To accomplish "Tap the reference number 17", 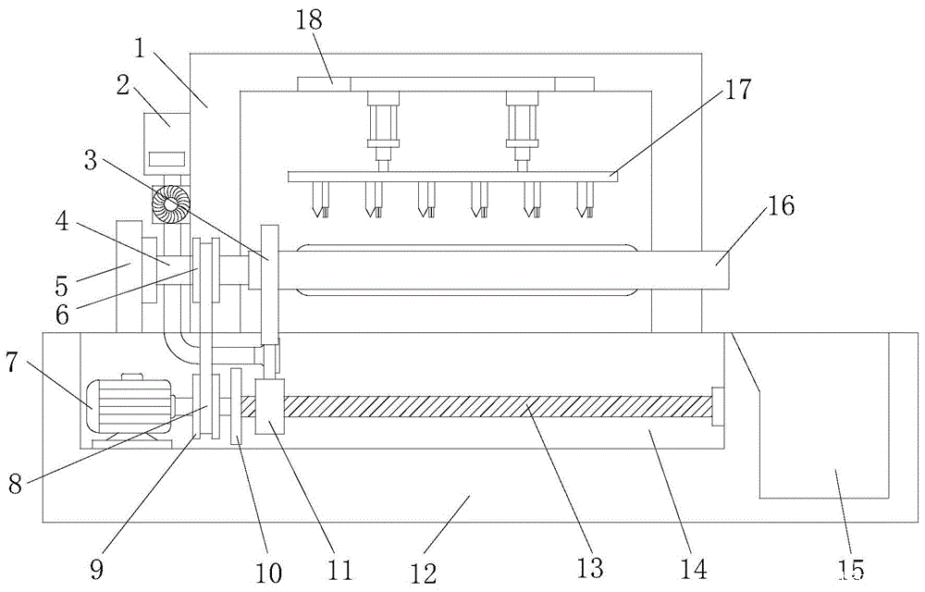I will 738,90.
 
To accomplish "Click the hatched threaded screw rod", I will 499,407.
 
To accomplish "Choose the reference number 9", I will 95,569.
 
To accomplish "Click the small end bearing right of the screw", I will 717,407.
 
